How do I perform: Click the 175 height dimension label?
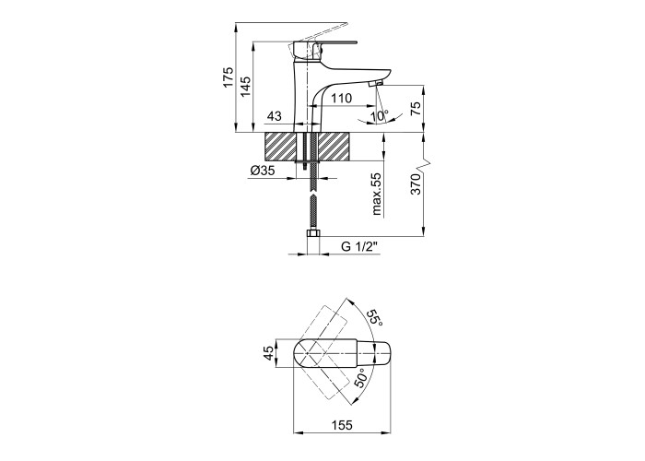click(228, 77)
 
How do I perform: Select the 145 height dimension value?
click(245, 87)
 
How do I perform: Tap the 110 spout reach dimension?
click(342, 99)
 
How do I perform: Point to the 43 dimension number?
click(275, 116)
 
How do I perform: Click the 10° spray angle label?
click(379, 115)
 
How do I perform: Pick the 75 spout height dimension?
click(416, 109)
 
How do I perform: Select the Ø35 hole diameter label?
click(262, 170)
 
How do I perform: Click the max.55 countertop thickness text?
click(377, 194)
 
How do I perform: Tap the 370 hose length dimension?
click(416, 184)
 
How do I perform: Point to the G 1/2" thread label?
click(359, 246)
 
